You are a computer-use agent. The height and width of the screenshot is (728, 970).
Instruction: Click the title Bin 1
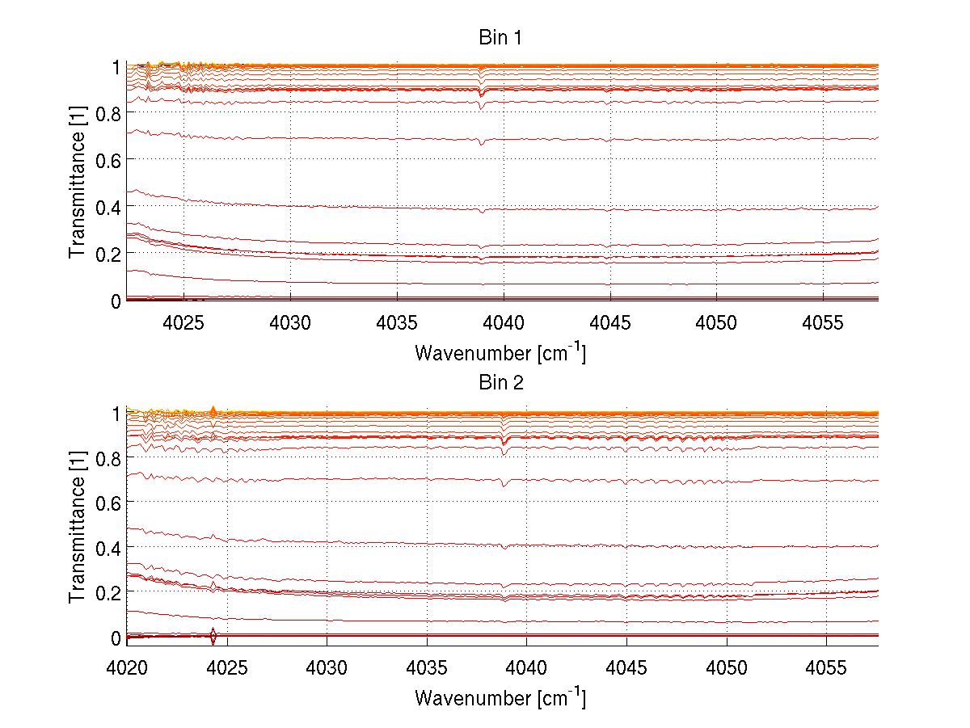pos(501,38)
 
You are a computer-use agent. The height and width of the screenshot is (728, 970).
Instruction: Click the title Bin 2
pos(501,383)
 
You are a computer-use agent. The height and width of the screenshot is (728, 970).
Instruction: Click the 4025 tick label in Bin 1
pos(183,323)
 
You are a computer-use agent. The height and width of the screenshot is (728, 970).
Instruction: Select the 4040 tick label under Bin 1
pos(503,323)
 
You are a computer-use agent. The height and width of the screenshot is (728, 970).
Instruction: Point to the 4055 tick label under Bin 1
pos(823,323)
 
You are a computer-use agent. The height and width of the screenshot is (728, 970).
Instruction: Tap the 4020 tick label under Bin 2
pos(127,669)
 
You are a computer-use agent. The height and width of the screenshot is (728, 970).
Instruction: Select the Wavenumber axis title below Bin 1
pos(500,353)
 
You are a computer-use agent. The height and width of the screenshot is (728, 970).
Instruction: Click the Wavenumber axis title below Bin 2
pos(500,697)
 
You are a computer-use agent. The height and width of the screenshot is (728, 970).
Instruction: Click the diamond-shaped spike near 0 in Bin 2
pos(213,636)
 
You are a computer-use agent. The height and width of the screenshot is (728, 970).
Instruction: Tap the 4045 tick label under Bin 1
pos(609,323)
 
